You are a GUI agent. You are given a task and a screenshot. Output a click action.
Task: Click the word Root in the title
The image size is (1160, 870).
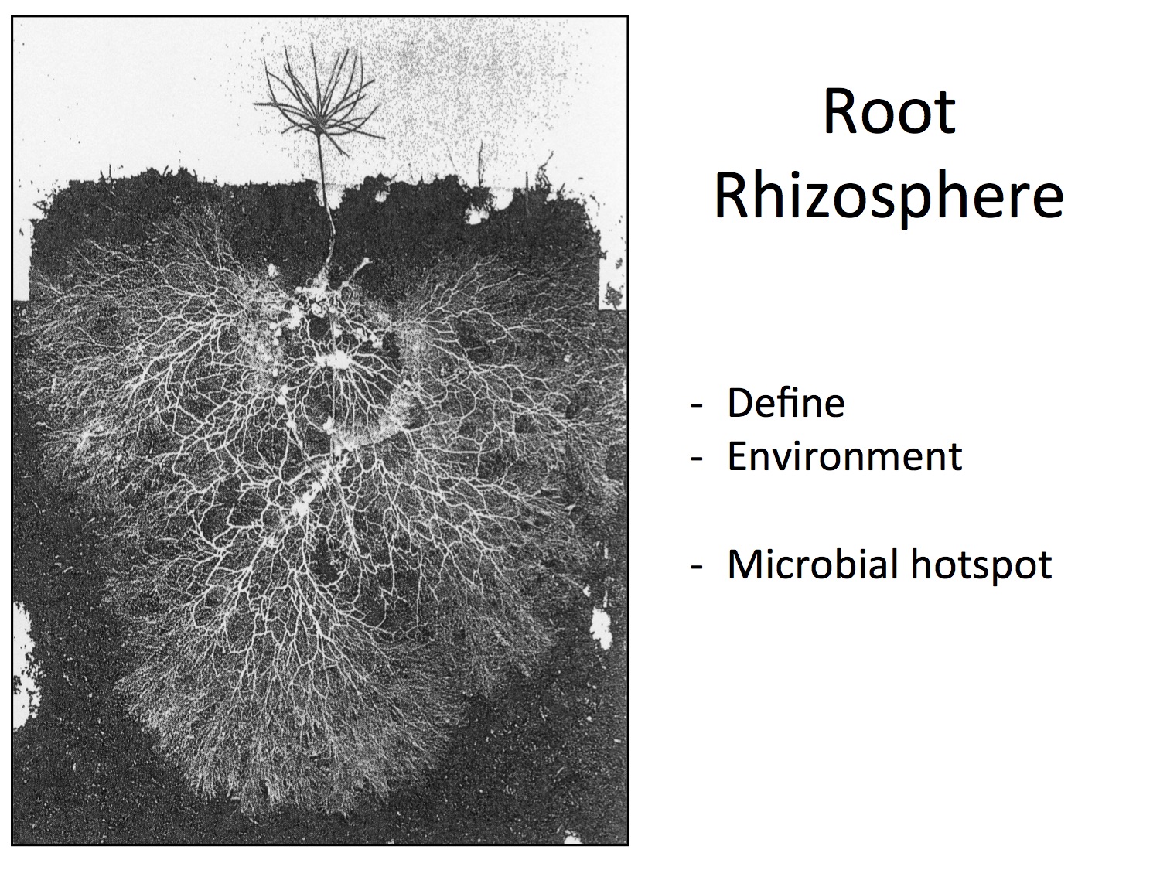889,112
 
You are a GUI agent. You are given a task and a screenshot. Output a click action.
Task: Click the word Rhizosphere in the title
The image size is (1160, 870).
889,198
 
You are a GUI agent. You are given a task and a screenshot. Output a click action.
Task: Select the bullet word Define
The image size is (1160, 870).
786,403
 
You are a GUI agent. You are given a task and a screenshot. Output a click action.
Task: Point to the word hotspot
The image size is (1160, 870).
981,566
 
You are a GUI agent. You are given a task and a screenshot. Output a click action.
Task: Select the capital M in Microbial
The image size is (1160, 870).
745,565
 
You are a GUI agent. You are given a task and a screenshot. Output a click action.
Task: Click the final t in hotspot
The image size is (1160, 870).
1044,566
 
